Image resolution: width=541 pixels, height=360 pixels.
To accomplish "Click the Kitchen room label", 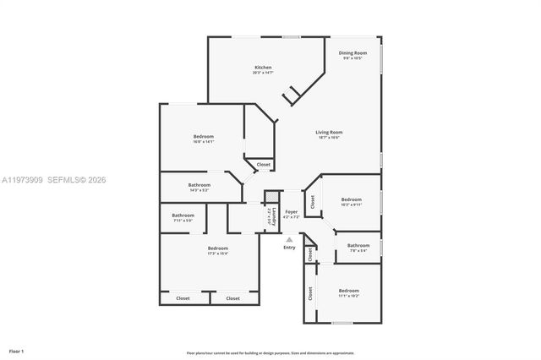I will [263, 68].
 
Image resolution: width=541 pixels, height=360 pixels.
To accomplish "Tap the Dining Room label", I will [352, 53].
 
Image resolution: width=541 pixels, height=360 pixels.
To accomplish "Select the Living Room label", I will [329, 132].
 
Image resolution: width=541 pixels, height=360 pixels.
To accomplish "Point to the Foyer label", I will [291, 212].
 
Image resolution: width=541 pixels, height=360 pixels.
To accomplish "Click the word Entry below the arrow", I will [289, 247].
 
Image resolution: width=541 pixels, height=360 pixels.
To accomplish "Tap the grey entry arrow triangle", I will [289, 239].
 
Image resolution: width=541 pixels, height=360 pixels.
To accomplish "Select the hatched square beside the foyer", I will [270, 197].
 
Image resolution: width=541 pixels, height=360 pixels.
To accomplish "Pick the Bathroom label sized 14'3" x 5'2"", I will [199, 185].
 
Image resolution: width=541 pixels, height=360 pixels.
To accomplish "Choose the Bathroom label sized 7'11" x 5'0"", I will [183, 215].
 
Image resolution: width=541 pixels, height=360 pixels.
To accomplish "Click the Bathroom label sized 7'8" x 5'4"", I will [358, 245].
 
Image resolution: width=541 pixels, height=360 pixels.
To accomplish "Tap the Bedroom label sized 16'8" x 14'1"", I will [203, 136].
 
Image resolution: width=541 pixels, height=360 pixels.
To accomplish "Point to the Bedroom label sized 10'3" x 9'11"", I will [351, 199].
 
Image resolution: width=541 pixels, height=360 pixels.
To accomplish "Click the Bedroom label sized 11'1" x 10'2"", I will [349, 290].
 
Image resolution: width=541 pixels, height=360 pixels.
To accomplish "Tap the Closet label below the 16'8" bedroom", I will [263, 164].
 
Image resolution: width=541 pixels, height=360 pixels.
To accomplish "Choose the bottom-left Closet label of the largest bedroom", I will [183, 297].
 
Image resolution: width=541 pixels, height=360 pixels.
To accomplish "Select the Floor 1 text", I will [16, 350].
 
